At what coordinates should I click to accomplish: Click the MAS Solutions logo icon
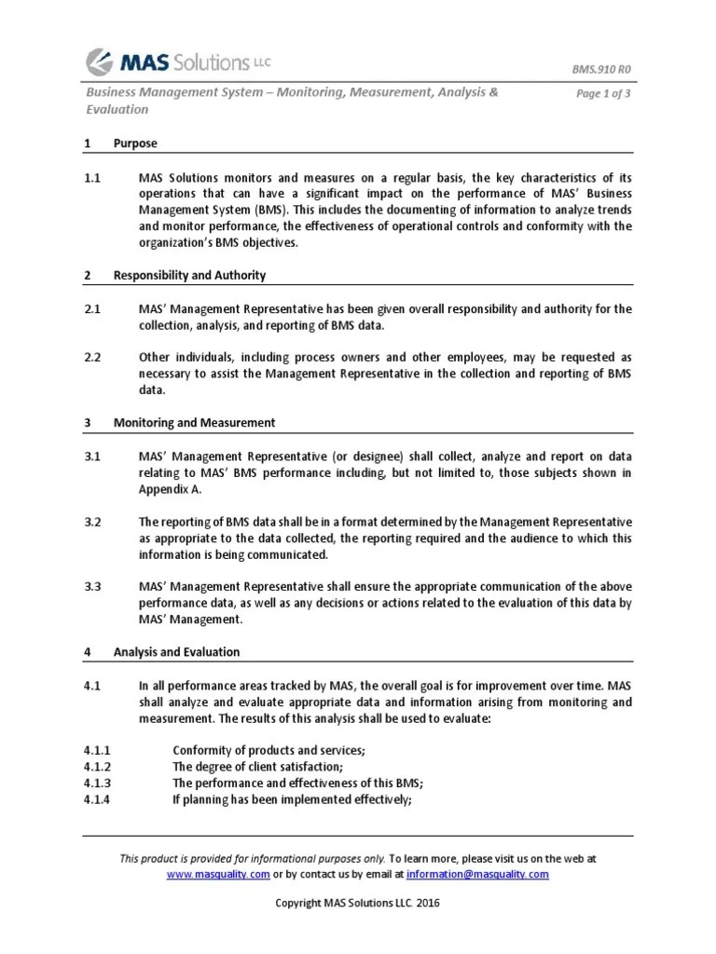(x=101, y=62)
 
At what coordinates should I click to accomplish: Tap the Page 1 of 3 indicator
(x=604, y=93)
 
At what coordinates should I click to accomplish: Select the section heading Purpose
(x=135, y=143)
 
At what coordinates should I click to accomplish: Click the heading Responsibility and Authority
(x=189, y=275)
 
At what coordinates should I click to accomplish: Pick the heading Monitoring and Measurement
(x=194, y=422)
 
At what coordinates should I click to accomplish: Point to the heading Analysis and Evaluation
(x=176, y=652)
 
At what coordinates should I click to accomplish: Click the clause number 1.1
(x=92, y=177)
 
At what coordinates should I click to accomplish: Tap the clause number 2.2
(x=92, y=357)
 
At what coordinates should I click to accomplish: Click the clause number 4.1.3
(x=97, y=783)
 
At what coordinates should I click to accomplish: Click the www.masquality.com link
(x=218, y=874)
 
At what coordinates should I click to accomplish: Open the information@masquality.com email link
(x=478, y=874)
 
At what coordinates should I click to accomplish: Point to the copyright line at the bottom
(x=358, y=904)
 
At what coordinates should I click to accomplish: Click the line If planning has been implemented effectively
(x=292, y=799)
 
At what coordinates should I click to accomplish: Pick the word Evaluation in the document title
(x=117, y=109)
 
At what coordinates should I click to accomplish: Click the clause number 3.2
(x=92, y=521)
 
